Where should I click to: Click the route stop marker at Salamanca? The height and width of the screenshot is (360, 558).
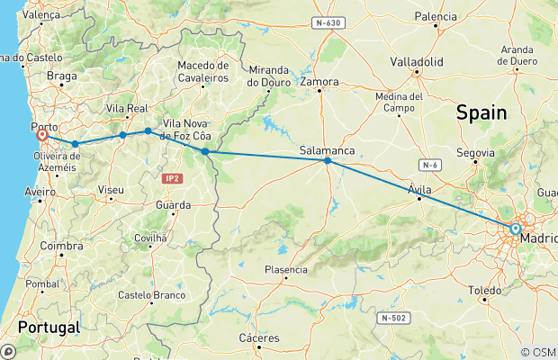point(328,161)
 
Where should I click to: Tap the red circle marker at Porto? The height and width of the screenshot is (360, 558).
point(41,136)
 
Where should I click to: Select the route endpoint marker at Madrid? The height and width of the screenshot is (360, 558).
point(515,229)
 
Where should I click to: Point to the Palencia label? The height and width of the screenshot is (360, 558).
point(436,16)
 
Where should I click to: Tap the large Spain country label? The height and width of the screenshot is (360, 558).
point(481,112)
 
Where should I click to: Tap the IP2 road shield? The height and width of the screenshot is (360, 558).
point(173,178)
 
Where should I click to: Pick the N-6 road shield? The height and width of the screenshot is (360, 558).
point(431,165)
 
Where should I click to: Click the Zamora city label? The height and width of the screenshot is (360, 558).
point(320,82)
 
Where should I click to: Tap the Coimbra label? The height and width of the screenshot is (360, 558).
point(63,245)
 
